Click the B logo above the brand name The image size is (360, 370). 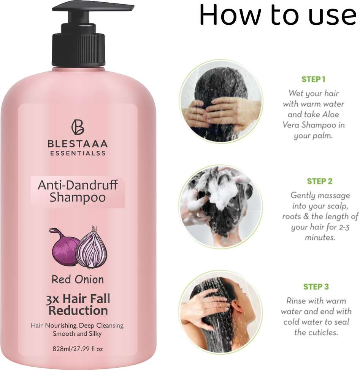click(78, 127)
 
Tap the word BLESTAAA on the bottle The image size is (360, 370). click(78, 144)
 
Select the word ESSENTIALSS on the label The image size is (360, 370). click(78, 153)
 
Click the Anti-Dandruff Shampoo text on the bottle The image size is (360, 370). click(78, 191)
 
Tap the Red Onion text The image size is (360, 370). click(78, 279)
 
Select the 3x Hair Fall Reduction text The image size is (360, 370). click(78, 305)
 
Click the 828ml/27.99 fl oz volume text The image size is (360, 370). click(78, 349)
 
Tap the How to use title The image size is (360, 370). click(278, 14)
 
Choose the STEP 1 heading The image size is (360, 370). click(313, 79)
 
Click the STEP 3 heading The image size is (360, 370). click(316, 287)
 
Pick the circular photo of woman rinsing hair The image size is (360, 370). click(220, 313)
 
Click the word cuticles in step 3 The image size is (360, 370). click(323, 332)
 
